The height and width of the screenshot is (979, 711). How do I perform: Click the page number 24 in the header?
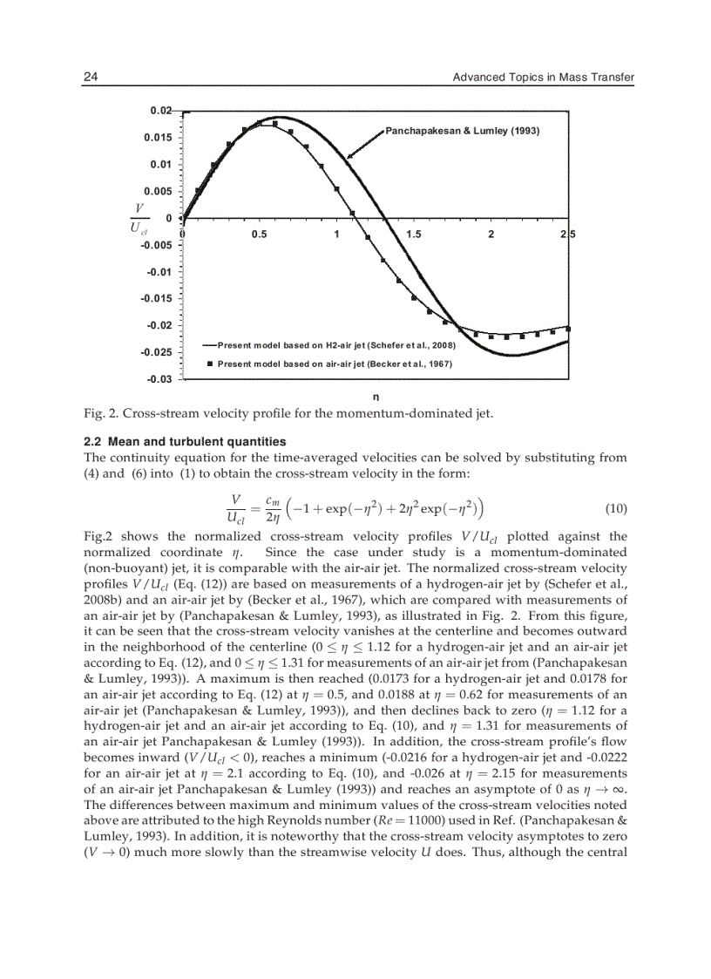coord(90,78)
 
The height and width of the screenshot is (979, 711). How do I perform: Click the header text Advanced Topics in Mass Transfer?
coord(543,78)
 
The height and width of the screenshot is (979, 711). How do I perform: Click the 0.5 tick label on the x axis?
coord(259,234)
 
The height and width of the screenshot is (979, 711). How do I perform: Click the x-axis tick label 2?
coord(491,234)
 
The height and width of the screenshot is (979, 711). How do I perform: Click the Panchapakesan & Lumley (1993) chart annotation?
coord(463,131)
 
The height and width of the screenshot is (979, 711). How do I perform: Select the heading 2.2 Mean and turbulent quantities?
coord(184,442)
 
